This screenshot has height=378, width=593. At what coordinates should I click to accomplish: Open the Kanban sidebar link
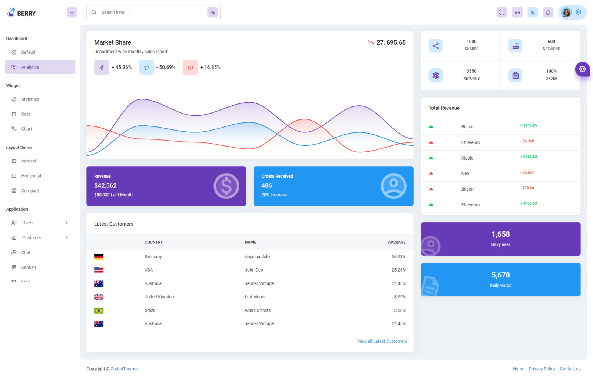point(29,267)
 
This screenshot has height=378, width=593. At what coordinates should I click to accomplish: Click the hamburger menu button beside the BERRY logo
point(72,13)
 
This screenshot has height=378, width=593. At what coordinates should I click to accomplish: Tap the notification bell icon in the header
point(548,13)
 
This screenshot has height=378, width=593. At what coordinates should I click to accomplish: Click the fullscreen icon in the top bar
point(502,13)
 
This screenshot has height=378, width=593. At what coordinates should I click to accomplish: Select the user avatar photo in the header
point(566,13)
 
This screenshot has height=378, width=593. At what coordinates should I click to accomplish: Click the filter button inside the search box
point(212,13)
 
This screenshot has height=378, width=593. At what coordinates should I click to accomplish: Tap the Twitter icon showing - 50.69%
point(146,68)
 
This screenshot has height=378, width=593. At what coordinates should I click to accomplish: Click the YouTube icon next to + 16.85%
point(190,68)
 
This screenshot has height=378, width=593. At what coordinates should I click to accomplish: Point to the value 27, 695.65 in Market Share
point(391,43)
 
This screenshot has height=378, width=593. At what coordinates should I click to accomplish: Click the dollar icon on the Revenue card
point(226,186)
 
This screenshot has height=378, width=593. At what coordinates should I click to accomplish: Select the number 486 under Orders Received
point(266,185)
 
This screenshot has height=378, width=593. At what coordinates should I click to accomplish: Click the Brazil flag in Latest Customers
point(99,310)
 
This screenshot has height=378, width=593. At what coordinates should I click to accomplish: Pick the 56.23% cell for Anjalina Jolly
point(398,257)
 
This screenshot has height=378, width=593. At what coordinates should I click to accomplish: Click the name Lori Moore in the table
point(255,297)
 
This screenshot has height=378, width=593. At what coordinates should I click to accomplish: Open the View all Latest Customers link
point(382,341)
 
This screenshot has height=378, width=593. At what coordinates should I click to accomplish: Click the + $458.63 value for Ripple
point(529,157)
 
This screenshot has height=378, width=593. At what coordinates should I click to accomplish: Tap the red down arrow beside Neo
point(431,174)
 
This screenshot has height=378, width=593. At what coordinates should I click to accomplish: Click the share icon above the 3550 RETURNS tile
point(435,46)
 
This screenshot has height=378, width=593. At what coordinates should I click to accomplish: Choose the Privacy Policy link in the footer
point(542,369)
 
